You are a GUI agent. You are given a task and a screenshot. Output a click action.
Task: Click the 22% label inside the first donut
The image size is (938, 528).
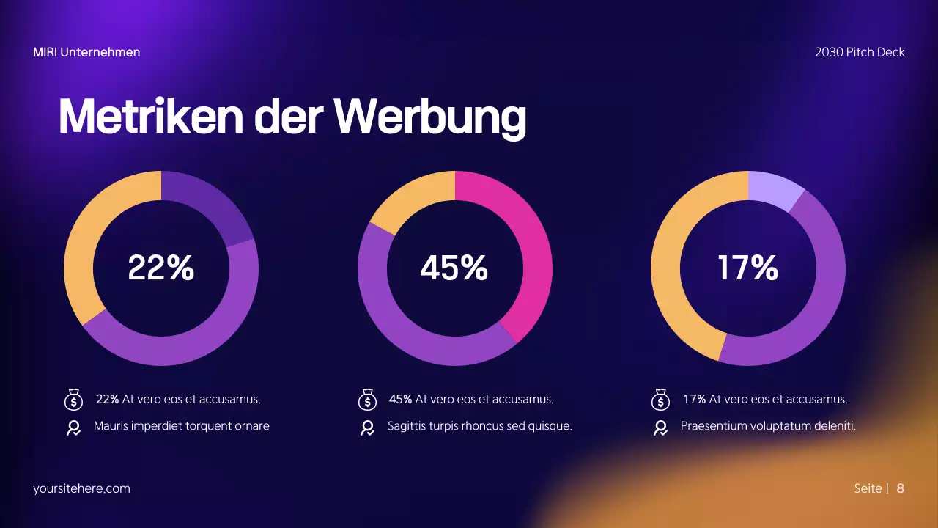pyautogui.click(x=160, y=268)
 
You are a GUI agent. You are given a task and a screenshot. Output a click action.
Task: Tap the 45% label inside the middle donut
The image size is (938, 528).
pyautogui.click(x=454, y=268)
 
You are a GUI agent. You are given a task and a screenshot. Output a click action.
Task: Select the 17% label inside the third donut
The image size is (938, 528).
pyautogui.click(x=747, y=268)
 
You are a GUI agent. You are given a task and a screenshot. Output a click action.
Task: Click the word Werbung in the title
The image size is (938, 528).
pyautogui.click(x=429, y=116)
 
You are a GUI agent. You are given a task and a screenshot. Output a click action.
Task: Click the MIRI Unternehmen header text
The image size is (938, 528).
pyautogui.click(x=86, y=52)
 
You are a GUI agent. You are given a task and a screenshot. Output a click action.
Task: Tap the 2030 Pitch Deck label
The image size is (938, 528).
pyautogui.click(x=859, y=52)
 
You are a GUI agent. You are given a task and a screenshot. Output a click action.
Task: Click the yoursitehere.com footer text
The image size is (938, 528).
pyautogui.click(x=81, y=488)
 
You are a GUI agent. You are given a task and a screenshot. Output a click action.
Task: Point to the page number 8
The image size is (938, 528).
pyautogui.click(x=900, y=488)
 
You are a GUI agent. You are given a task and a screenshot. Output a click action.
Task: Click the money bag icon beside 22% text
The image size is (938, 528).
pyautogui.click(x=73, y=400)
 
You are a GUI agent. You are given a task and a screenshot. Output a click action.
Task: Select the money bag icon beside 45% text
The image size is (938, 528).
pyautogui.click(x=367, y=400)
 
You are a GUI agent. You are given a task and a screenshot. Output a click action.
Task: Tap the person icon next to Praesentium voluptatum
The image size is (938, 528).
pyautogui.click(x=660, y=428)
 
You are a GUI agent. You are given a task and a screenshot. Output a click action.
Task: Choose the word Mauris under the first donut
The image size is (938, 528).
pyautogui.click(x=111, y=426)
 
